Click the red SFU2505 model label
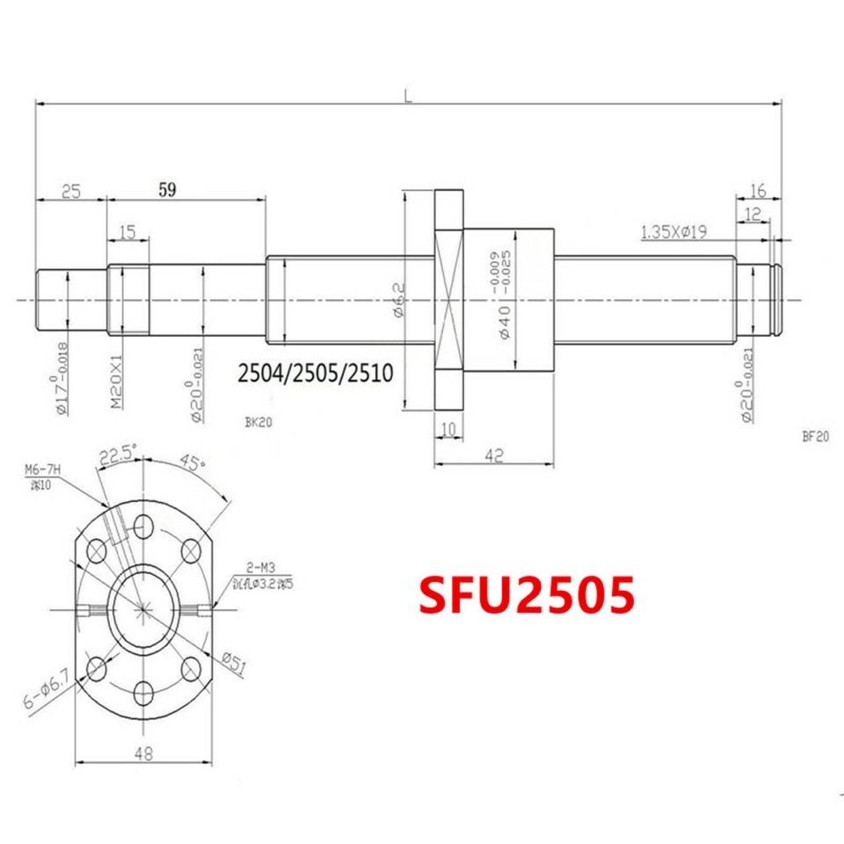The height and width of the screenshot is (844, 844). pyautogui.click(x=526, y=596)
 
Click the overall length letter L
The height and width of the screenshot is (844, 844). pyautogui.click(x=409, y=94)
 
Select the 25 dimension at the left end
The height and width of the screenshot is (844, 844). pyautogui.click(x=71, y=189)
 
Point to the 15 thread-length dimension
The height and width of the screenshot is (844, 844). pyautogui.click(x=127, y=231)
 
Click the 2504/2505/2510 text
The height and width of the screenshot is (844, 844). pyautogui.click(x=315, y=374)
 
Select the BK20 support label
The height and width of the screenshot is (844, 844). pyautogui.click(x=259, y=423)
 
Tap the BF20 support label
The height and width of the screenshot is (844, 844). pyautogui.click(x=816, y=434)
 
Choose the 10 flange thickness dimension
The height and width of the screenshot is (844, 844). pyautogui.click(x=448, y=428)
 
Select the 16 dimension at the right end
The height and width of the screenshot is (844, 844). pyautogui.click(x=757, y=190)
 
